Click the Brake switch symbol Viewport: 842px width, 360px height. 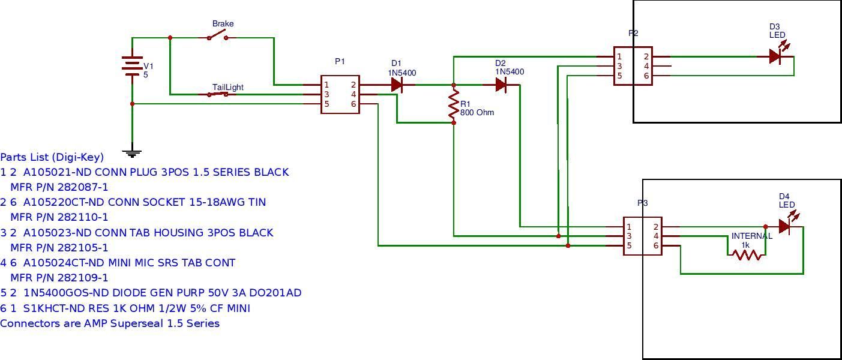pyautogui.click(x=218, y=37)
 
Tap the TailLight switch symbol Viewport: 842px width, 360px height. pyautogui.click(x=218, y=94)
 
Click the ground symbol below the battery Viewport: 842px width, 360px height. pyautogui.click(x=132, y=153)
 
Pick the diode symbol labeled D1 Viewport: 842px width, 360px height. pyautogui.click(x=397, y=85)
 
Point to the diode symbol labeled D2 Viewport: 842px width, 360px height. pyautogui.click(x=501, y=85)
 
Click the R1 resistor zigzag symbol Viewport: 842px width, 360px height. pyautogui.click(x=454, y=104)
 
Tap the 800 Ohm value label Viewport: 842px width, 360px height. pyautogui.click(x=477, y=112)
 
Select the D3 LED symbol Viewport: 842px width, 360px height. pyautogui.click(x=775, y=56)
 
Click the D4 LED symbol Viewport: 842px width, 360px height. pyautogui.click(x=784, y=226)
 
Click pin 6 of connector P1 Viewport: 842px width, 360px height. pyautogui.click(x=353, y=104)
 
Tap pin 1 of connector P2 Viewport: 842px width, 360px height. pyautogui.click(x=619, y=57)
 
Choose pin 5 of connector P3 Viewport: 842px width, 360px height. pyautogui.click(x=629, y=245)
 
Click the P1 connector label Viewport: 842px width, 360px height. pyautogui.click(x=340, y=61)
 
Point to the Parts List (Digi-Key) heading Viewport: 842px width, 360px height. pyautogui.click(x=52, y=157)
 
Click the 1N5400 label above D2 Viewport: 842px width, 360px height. pyautogui.click(x=510, y=72)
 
